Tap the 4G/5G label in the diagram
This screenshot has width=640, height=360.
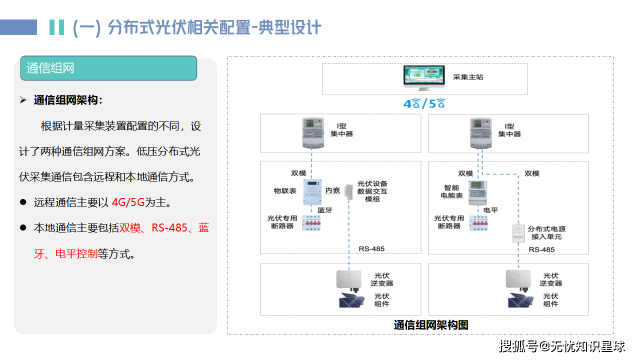pos(424,103)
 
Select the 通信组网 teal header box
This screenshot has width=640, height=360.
pos(108,68)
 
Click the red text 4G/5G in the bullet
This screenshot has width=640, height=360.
pos(128,202)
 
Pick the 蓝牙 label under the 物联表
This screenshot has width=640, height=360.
pos(325,210)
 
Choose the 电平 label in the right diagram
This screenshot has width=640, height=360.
pos(490,210)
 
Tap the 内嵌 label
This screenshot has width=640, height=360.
pos(333,190)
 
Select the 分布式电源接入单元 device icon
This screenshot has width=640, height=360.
pos(517,233)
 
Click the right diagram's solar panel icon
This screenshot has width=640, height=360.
pos(520,300)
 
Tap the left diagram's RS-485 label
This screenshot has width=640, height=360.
pos(371,249)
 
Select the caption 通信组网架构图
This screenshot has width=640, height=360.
pos(430,325)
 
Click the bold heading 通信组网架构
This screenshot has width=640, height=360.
pos(67,100)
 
